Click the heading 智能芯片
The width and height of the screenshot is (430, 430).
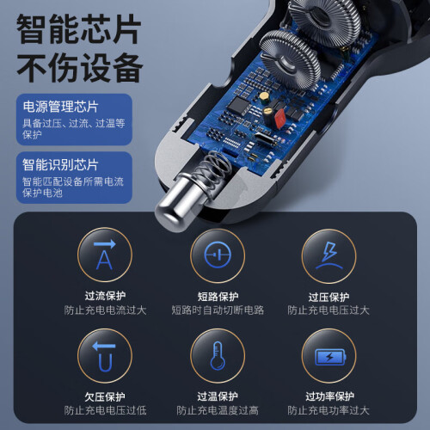tap(79, 29)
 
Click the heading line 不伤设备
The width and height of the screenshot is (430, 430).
tap(80, 68)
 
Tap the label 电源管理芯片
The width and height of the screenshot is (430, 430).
tap(60, 107)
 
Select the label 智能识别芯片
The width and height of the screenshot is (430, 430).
tap(60, 164)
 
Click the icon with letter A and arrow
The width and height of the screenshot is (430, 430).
tap(105, 255)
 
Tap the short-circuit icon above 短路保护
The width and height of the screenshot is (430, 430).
tap(218, 255)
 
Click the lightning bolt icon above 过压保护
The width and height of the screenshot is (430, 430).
tap(329, 255)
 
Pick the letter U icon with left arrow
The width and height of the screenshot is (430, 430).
tap(105, 356)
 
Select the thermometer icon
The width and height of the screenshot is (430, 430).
tap(218, 356)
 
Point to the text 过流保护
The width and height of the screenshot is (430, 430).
tap(105, 296)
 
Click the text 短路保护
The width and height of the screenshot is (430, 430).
tap(218, 297)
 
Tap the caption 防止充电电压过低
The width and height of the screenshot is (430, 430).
tap(105, 410)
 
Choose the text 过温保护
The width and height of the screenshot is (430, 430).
tap(218, 396)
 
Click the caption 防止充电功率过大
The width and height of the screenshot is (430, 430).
tap(329, 410)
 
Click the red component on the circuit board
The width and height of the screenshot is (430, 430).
tap(279, 119)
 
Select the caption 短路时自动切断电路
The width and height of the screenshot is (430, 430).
tap(218, 310)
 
